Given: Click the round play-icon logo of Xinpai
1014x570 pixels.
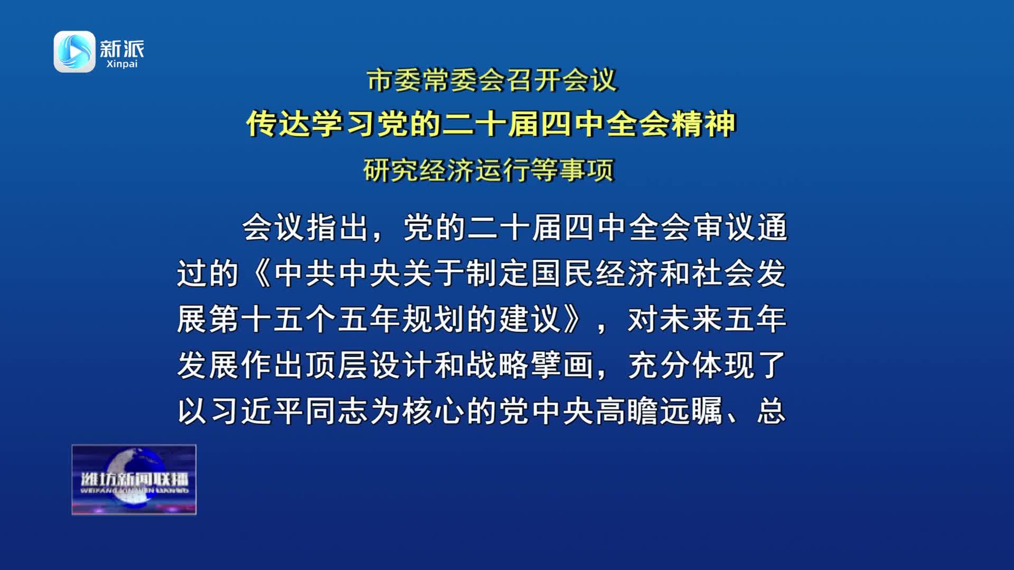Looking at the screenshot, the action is (x=74, y=51).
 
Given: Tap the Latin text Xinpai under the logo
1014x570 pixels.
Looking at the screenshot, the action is (x=121, y=64).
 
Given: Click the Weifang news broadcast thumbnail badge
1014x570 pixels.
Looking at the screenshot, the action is (x=134, y=480).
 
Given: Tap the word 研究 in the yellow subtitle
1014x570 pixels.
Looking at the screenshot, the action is (x=391, y=170).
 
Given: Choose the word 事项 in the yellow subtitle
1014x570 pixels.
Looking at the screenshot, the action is (x=587, y=170).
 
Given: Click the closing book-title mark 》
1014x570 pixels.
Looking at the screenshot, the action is (x=574, y=320).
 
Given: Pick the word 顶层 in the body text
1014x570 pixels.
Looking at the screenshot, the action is (x=337, y=365).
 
